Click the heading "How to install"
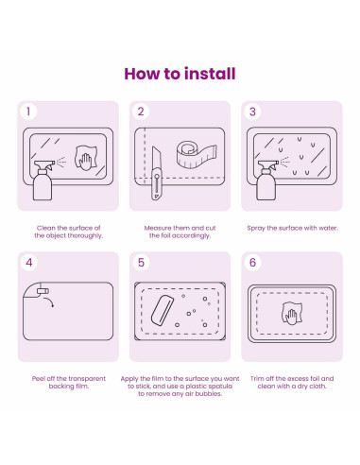point(180,74)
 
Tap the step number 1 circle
point(28,112)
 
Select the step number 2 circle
point(141,112)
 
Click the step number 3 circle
point(252,112)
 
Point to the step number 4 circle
point(29,263)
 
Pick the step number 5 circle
point(141,263)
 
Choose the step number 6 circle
point(252,263)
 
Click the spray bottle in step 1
point(43,181)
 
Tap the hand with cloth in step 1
point(85,158)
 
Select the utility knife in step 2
point(156,173)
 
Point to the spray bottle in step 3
point(267,181)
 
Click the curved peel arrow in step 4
point(50,301)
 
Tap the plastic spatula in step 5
point(162,310)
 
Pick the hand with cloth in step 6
point(292,313)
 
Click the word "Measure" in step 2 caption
point(158,228)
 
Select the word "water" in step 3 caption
point(329,228)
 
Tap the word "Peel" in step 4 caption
point(39,379)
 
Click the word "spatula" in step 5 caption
point(220,387)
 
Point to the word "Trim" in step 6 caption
point(257,379)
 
